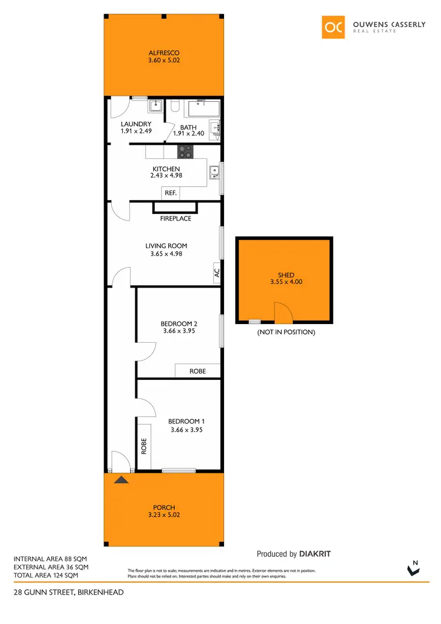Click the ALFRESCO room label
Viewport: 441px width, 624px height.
click(164, 52)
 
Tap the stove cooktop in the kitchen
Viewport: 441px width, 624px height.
click(186, 151)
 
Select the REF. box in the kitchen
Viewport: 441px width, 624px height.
click(171, 193)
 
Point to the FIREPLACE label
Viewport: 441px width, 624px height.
click(176, 218)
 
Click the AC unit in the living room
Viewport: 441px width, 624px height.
click(216, 272)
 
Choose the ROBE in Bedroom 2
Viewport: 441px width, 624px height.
click(198, 371)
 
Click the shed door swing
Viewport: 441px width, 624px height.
click(283, 312)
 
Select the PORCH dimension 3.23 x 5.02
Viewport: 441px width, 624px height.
click(164, 515)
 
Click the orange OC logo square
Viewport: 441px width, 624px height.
click(333, 26)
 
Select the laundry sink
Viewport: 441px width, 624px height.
click(155, 106)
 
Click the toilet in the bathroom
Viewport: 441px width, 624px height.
click(175, 107)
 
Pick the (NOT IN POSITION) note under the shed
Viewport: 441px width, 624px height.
click(286, 332)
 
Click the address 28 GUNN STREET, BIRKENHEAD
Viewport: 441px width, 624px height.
click(69, 592)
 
